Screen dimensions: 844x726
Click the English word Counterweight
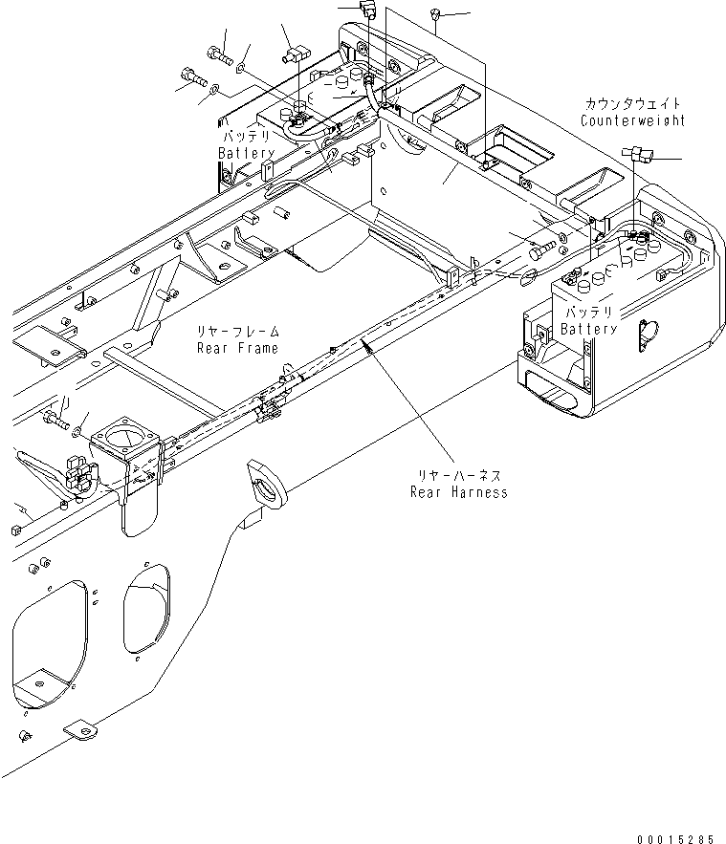coord(631,121)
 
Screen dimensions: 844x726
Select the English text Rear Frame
coord(237,348)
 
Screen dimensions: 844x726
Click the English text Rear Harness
coord(458,492)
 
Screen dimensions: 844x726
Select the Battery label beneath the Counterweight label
coord(589,329)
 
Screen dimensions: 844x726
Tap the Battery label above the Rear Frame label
coord(246,153)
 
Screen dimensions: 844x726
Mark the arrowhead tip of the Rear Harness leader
coord(362,343)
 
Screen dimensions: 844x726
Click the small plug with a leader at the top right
coord(436,14)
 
